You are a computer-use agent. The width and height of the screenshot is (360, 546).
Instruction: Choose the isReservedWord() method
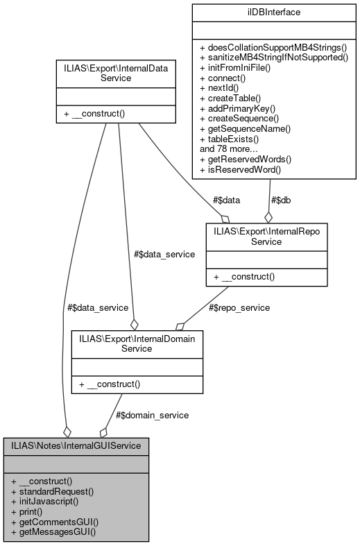tap(232, 169)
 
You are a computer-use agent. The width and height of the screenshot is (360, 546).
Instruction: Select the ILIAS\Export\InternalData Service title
tap(106, 73)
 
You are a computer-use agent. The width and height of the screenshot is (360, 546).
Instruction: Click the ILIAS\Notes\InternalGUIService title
tap(76, 445)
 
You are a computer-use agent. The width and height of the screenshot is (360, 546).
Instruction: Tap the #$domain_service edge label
tap(152, 414)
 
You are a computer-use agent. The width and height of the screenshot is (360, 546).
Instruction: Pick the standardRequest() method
tap(52, 490)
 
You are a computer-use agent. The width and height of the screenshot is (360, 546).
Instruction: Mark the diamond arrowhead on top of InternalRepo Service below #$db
tap(268, 217)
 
